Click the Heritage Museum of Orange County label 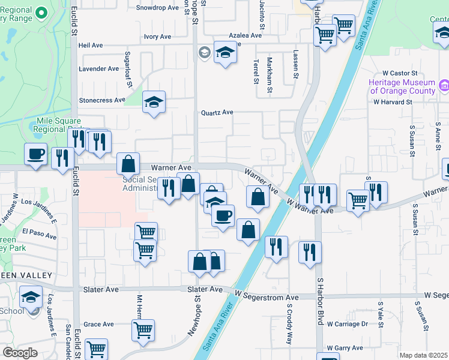(x=402, y=86)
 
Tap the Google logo (x=20, y=353)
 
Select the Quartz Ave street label (x=217, y=112)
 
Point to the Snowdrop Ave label (x=158, y=8)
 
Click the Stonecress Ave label (x=102, y=100)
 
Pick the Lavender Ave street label (x=99, y=69)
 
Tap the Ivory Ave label (x=157, y=37)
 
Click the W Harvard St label (x=393, y=102)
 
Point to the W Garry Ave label (x=345, y=348)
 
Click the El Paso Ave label (x=39, y=231)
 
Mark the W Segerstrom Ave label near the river (x=267, y=297)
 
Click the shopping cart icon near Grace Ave (x=143, y=329)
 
